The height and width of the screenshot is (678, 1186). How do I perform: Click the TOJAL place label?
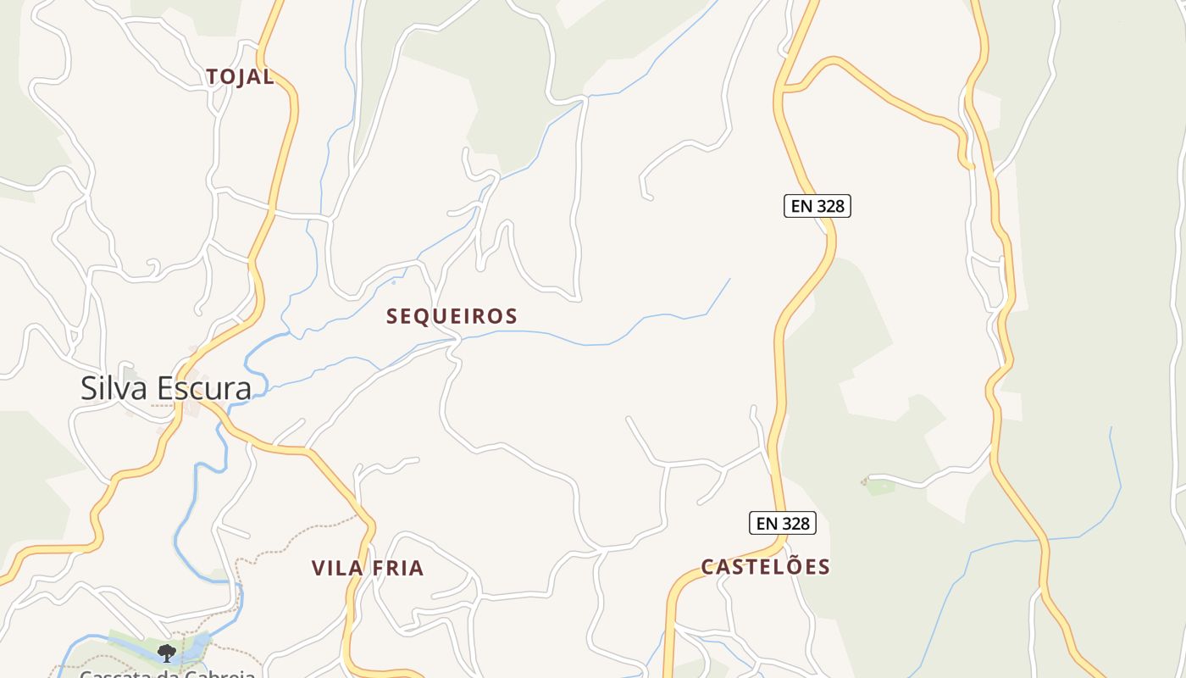click(x=241, y=77)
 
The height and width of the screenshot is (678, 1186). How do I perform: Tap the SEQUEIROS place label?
click(x=452, y=316)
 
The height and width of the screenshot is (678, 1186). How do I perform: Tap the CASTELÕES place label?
click(x=766, y=567)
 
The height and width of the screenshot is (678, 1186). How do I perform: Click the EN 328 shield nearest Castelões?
click(x=783, y=524)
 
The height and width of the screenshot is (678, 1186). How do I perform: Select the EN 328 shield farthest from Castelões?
click(x=817, y=206)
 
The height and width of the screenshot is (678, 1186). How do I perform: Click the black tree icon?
click(x=167, y=653)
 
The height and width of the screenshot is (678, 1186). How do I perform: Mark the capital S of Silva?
click(x=89, y=388)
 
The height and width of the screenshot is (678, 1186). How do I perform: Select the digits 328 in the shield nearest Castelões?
click(x=796, y=524)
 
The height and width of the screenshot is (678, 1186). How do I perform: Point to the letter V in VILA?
click(x=318, y=568)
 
